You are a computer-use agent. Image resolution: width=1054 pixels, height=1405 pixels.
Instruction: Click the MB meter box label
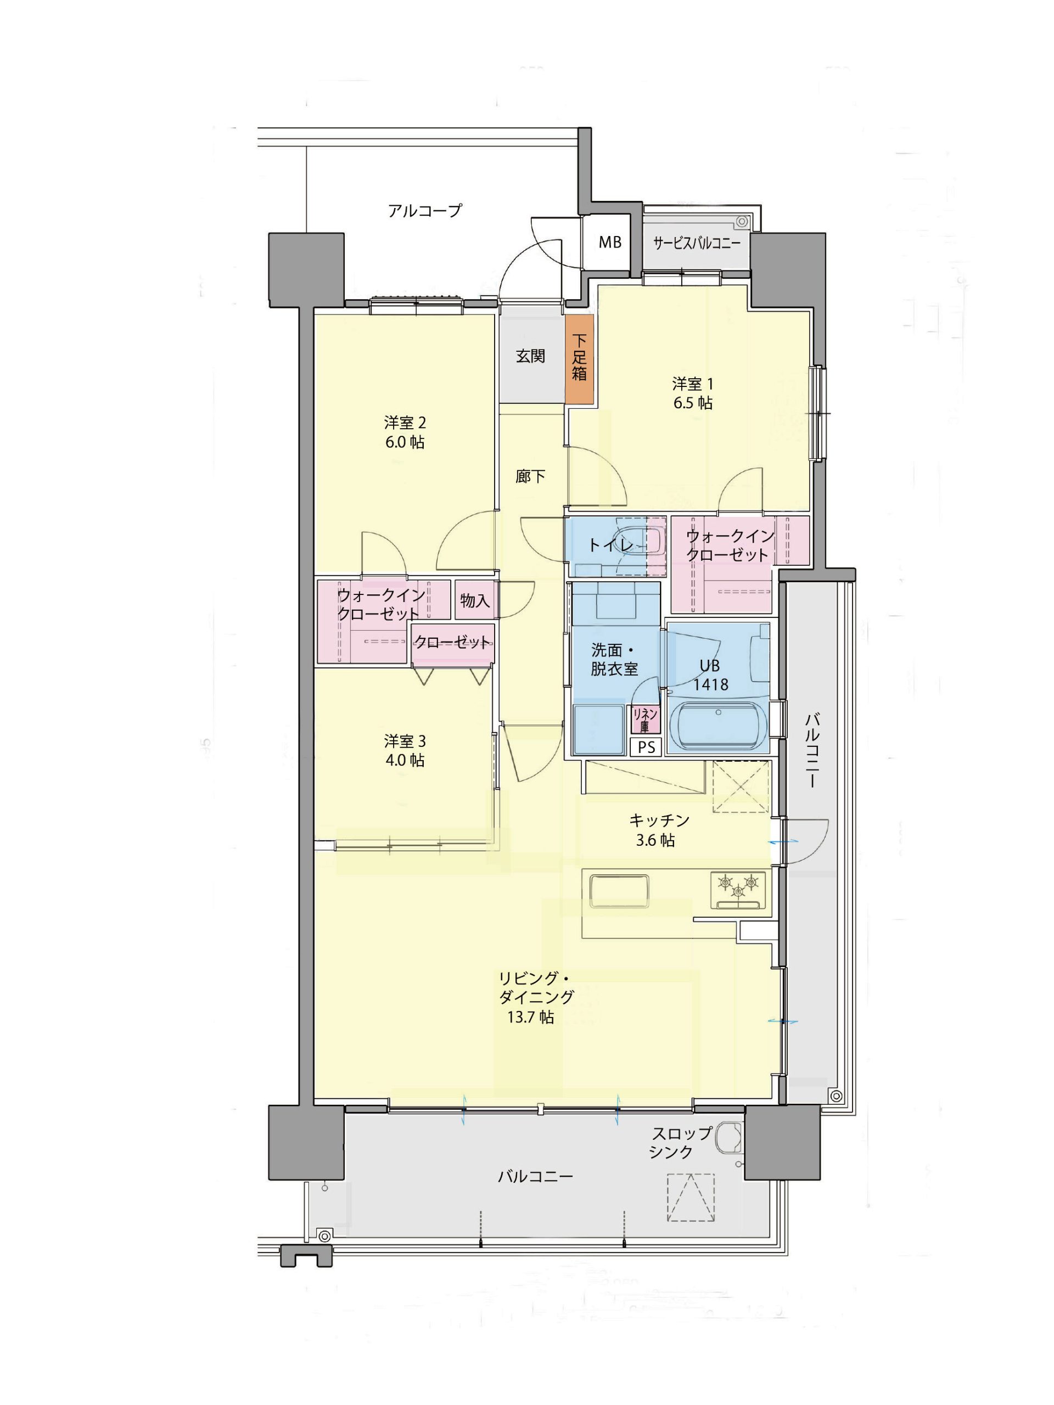610,242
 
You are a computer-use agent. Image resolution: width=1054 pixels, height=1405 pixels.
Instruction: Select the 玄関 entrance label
530,356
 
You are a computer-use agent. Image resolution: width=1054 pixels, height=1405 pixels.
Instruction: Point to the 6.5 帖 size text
692,403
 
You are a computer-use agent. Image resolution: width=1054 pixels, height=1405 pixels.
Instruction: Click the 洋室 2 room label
405,423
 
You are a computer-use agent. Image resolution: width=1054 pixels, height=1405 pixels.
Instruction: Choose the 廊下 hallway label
530,476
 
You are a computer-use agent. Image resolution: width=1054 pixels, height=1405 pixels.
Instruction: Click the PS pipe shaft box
646,747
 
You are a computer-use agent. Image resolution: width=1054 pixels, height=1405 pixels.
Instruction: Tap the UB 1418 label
710,675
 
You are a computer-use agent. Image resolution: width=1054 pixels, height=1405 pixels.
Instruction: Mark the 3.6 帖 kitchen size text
655,840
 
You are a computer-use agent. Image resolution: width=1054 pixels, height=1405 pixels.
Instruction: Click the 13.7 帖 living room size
530,1017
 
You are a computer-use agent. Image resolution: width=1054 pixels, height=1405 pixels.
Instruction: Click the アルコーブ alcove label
424,210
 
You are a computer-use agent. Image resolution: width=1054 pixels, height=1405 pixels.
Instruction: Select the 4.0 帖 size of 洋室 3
405,760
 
